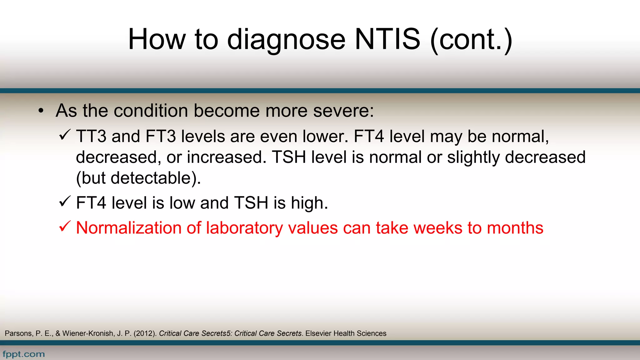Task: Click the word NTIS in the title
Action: pos(387,39)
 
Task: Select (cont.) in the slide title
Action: pos(471,40)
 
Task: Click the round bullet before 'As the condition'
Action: pos(41,111)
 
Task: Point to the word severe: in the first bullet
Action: pos(343,111)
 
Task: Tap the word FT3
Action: pos(161,137)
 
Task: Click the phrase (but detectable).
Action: pos(138,178)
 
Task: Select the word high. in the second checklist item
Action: pos(309,203)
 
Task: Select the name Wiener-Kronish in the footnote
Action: pos(87,333)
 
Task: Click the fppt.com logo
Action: pos(24,354)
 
